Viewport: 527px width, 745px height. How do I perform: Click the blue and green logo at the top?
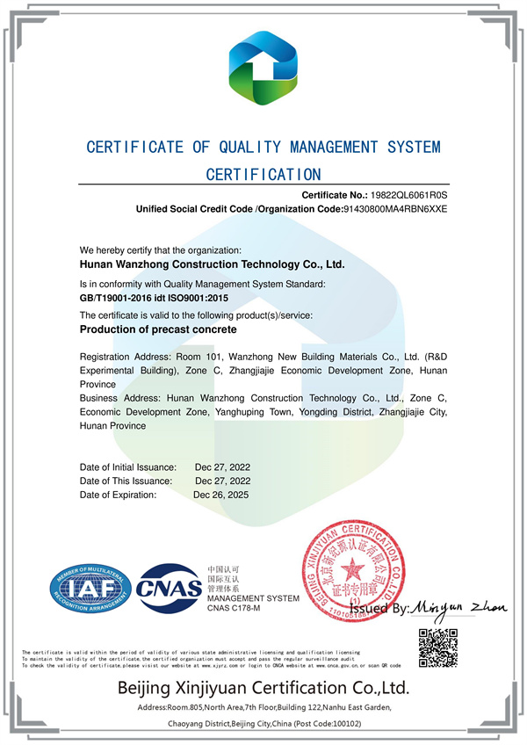(263, 67)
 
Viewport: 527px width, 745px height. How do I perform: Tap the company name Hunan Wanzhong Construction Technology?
(212, 263)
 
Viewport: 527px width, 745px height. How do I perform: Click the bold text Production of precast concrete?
(158, 330)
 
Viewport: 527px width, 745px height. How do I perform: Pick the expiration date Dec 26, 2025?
(221, 495)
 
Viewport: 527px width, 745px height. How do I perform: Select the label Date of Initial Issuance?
(128, 467)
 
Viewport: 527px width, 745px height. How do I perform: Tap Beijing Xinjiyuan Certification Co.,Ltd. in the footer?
(263, 687)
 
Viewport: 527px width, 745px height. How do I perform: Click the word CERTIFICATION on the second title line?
(263, 174)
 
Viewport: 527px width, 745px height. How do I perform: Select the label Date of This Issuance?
(126, 481)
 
